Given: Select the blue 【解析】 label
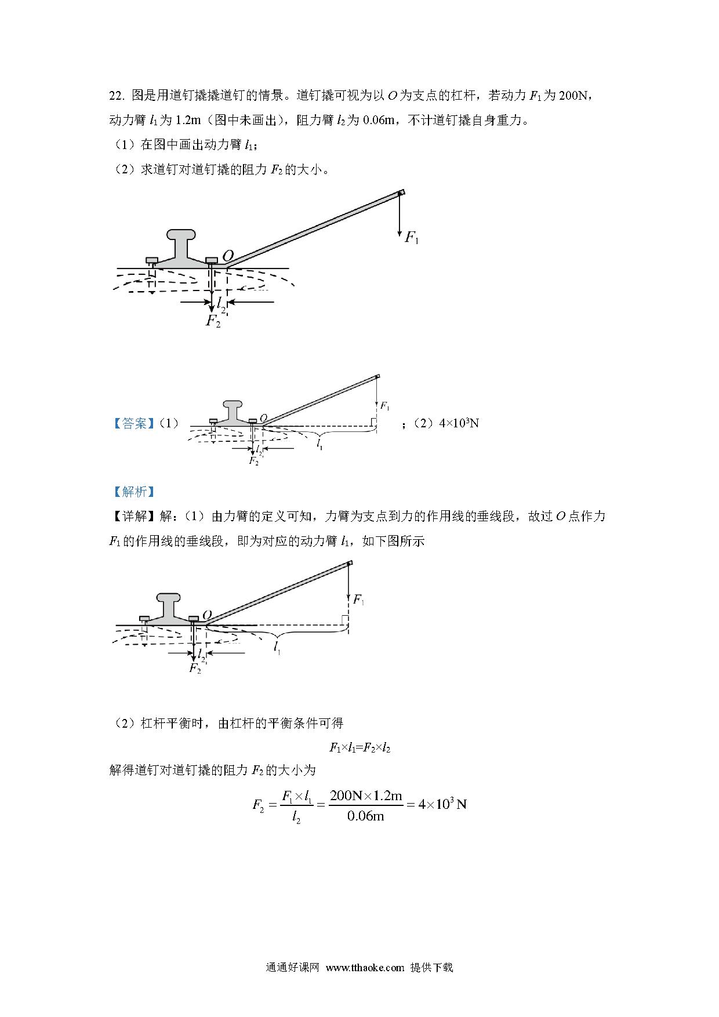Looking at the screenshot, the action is [x=135, y=492].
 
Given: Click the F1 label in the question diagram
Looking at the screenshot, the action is [x=411, y=237].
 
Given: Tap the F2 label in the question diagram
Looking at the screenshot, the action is [x=213, y=321].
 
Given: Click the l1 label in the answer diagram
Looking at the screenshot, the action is [x=319, y=445].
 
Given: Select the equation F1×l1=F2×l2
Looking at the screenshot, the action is [x=359, y=748].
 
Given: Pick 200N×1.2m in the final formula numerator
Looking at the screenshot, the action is [x=366, y=796].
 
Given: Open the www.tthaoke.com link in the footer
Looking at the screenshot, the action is [x=365, y=967].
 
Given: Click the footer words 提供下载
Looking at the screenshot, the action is [x=431, y=967].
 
